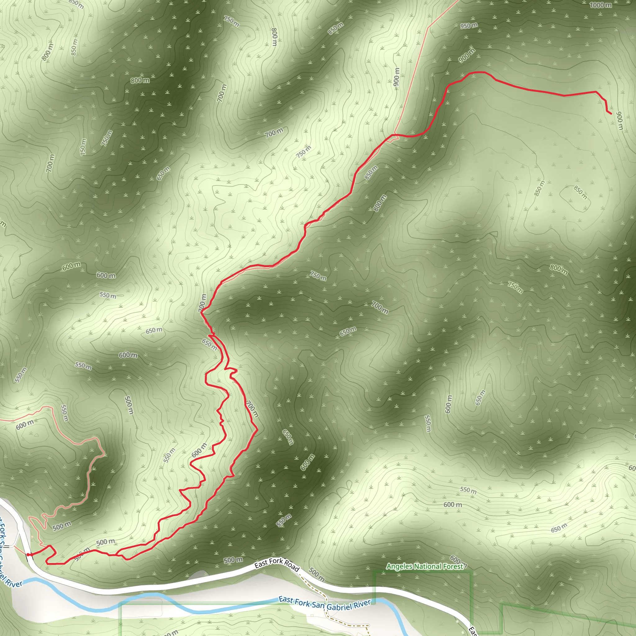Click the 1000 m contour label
point(601,5)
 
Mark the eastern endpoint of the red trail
point(611,114)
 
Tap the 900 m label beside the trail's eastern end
point(619,121)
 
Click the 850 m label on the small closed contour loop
point(580,193)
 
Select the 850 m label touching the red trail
point(371,172)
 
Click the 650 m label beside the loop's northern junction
point(209,344)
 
